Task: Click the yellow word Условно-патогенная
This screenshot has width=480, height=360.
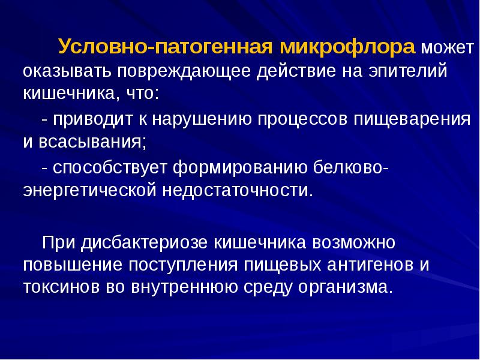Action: [x=162, y=47]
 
